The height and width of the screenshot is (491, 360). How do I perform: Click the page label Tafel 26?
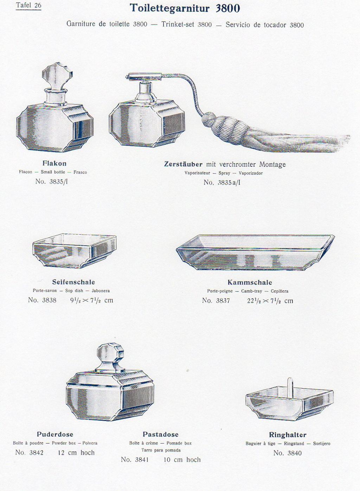[28, 6]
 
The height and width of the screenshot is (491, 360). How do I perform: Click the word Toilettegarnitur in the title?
[170, 8]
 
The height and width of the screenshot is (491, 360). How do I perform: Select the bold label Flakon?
[54, 163]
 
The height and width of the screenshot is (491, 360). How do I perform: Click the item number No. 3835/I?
[51, 181]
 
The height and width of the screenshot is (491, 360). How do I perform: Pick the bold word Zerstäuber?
[183, 164]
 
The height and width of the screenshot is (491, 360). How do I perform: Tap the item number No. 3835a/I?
[222, 183]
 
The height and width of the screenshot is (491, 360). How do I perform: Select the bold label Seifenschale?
[73, 282]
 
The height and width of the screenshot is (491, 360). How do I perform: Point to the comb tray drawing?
[256, 252]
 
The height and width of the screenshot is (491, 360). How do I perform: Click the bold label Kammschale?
[250, 282]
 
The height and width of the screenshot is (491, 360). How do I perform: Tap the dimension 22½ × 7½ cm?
[270, 300]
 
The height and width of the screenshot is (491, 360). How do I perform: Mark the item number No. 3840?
[288, 453]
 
